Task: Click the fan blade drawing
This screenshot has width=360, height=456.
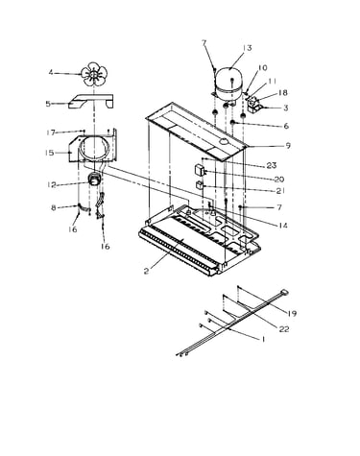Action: [x=92, y=74]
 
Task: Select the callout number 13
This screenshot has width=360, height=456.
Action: [x=247, y=48]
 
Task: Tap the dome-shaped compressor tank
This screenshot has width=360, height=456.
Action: [x=229, y=84]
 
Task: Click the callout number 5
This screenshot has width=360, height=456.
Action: [x=48, y=104]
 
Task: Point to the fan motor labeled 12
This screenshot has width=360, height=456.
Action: [x=94, y=180]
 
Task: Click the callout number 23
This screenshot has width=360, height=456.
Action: [x=272, y=166]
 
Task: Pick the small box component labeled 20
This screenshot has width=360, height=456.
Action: [x=200, y=170]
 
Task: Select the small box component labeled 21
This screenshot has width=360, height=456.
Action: [x=200, y=185]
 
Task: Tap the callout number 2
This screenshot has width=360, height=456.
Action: [x=146, y=272]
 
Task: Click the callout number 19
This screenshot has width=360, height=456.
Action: [x=292, y=314]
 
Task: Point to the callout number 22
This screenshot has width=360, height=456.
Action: [x=284, y=328]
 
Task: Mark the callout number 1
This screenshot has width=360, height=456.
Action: [x=263, y=339]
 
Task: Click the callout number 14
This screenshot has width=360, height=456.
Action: [x=282, y=226]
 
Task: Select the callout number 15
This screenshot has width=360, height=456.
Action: [x=50, y=153]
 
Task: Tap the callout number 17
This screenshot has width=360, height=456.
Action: [x=51, y=132]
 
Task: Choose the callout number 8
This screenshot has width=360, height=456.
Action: [x=54, y=208]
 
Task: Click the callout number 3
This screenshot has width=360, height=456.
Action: [x=285, y=108]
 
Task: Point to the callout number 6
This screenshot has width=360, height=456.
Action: [x=286, y=126]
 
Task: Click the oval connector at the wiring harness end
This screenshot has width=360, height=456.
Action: [x=283, y=292]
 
